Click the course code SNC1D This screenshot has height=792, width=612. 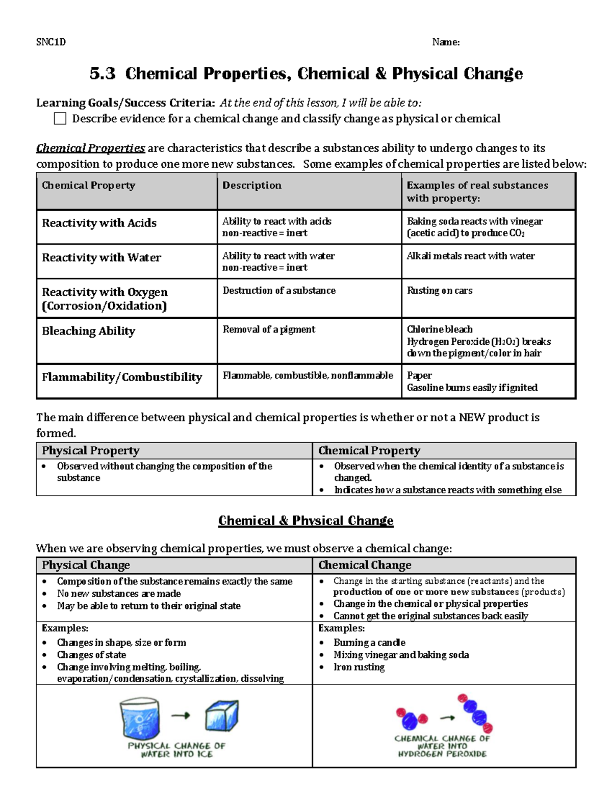point(51,42)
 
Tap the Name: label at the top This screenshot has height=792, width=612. point(446,42)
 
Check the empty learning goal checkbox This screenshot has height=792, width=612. point(60,119)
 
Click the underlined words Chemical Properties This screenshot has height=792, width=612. point(90,148)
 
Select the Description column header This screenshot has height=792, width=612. point(252,186)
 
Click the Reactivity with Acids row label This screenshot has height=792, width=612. point(99,223)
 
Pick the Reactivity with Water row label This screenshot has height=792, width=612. point(101,258)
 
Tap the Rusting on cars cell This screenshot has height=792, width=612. point(440,291)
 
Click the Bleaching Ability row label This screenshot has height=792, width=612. point(89,331)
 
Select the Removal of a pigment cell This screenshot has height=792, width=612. point(269,329)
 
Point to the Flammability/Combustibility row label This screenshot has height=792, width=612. point(122,377)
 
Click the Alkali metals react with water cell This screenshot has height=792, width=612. point(471,256)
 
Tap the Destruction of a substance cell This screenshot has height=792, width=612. point(279,291)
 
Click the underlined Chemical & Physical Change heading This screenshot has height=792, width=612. point(305,521)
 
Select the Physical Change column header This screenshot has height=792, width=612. point(86,565)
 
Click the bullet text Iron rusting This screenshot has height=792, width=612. point(359,667)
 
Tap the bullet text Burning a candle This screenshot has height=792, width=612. point(369,643)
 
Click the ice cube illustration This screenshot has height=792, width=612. point(221,716)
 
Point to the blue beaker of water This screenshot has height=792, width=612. point(139,718)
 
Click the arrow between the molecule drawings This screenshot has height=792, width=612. point(447,718)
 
